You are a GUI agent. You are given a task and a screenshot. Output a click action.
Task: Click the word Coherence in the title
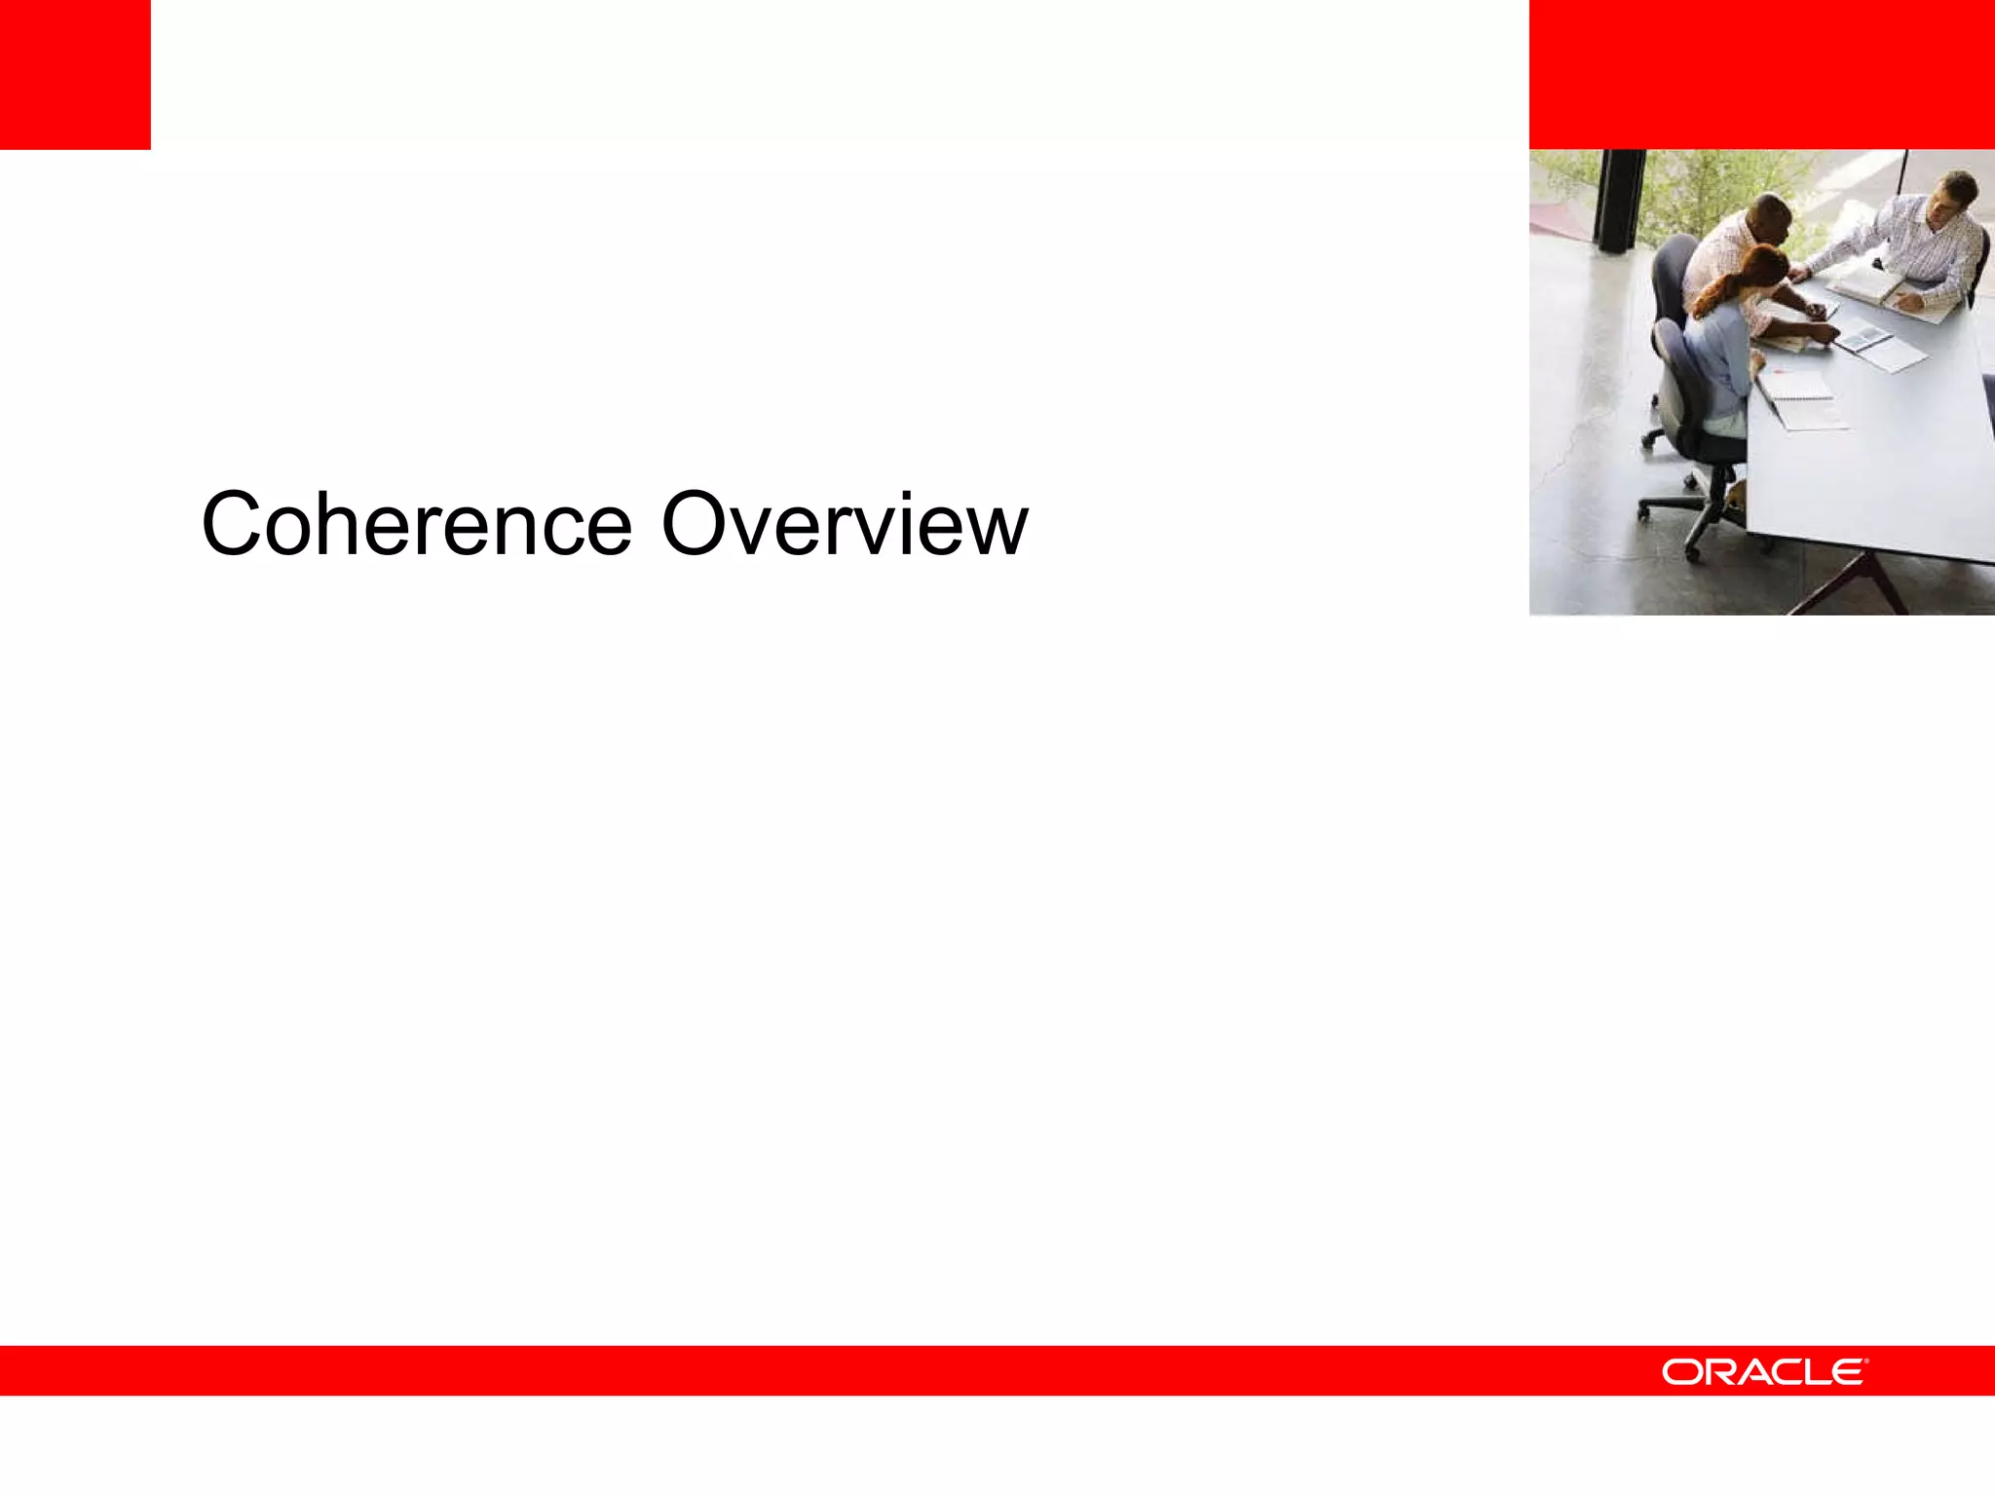click(x=417, y=525)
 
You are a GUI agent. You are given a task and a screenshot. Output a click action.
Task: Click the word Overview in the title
click(x=844, y=525)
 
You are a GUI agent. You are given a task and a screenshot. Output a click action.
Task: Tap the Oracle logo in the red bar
click(x=1764, y=1371)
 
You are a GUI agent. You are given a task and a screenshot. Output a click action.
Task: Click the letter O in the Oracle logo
click(x=1679, y=1372)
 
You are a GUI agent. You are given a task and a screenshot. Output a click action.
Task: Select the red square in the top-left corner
click(x=75, y=74)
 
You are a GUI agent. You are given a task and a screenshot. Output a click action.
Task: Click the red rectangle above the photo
click(x=1761, y=74)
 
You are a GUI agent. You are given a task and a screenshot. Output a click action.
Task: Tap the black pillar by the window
click(x=1618, y=200)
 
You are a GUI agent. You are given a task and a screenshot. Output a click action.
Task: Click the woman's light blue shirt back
click(x=1718, y=360)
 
